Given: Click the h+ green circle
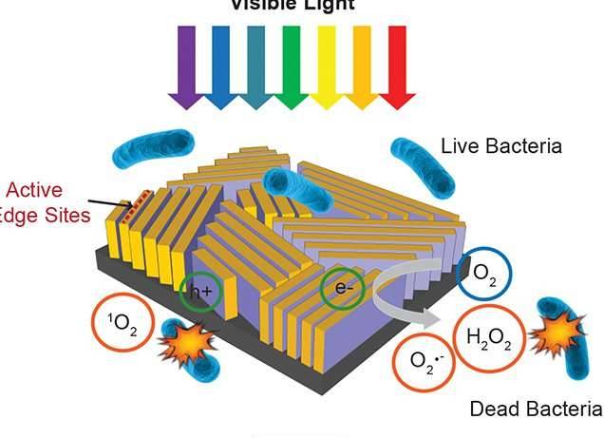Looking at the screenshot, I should click(199, 292).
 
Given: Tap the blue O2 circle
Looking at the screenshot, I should click(483, 275).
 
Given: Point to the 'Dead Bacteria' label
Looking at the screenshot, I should click(536, 409).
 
